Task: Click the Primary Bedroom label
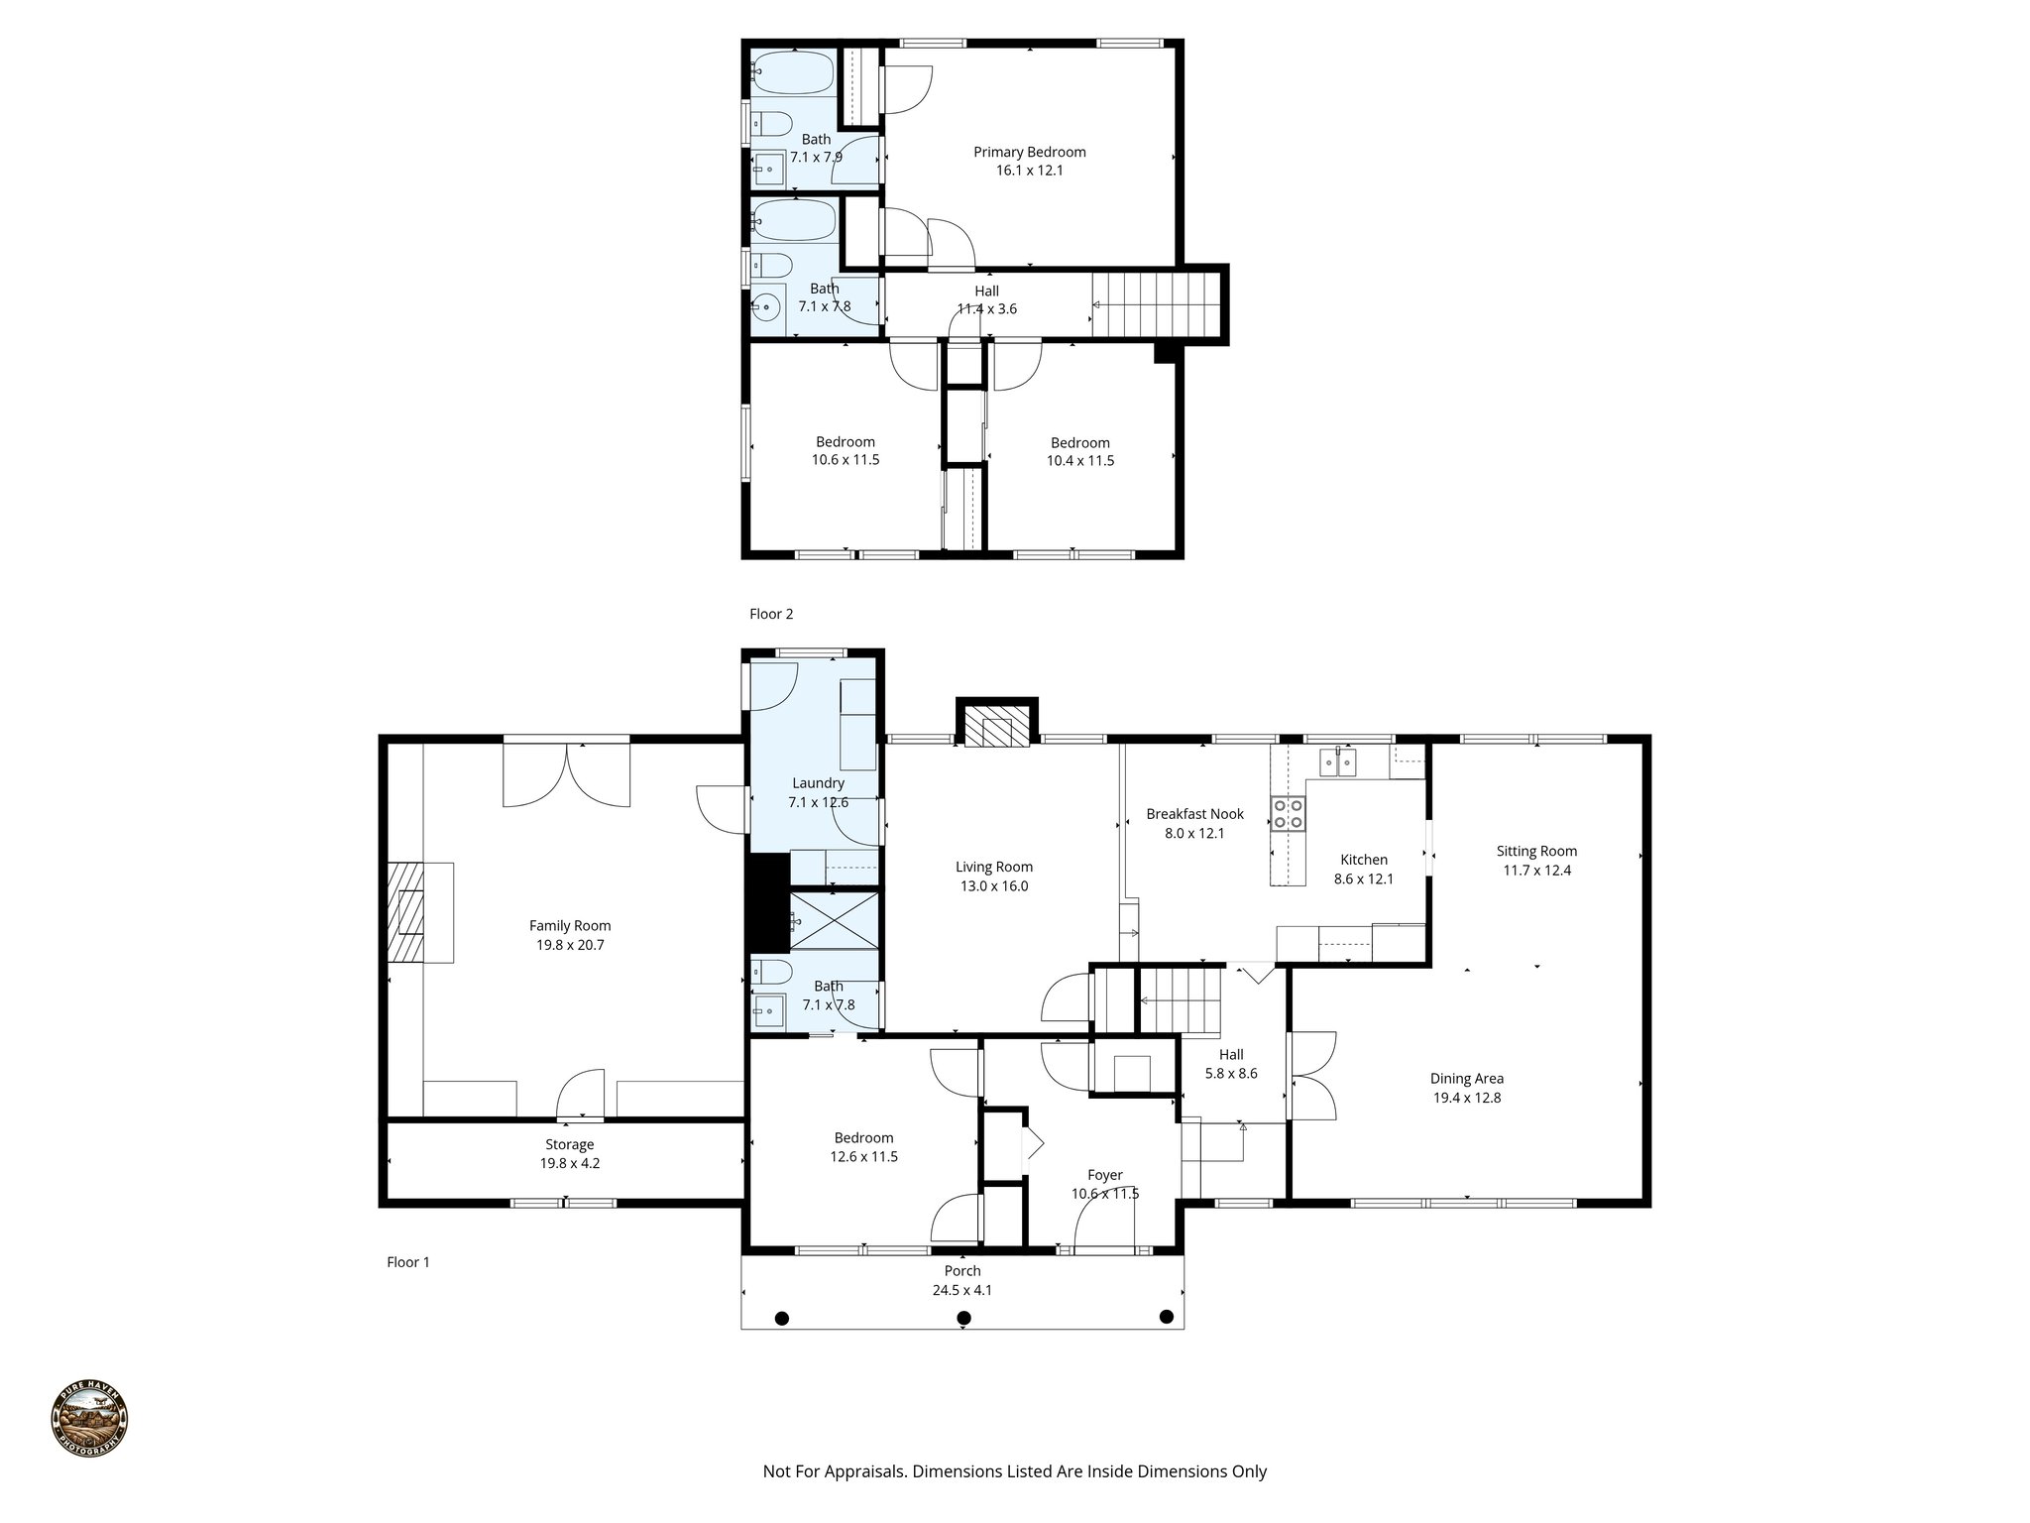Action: point(1029,152)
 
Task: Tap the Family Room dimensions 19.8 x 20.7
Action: point(570,945)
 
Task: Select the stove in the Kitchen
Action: point(1289,814)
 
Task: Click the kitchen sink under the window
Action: point(1339,763)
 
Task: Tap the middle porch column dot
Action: point(963,1318)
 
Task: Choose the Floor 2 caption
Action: point(771,614)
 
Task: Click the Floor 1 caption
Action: point(408,1262)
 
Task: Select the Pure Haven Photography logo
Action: point(89,1420)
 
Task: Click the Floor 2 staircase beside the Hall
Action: point(1155,305)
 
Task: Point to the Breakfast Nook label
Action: point(1194,814)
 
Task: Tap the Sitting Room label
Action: point(1536,851)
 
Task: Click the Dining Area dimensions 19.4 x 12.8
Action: point(1467,1098)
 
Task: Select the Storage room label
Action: point(569,1144)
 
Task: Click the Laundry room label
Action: point(818,783)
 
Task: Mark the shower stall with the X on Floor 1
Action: point(834,921)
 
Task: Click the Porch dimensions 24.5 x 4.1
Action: point(962,1290)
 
